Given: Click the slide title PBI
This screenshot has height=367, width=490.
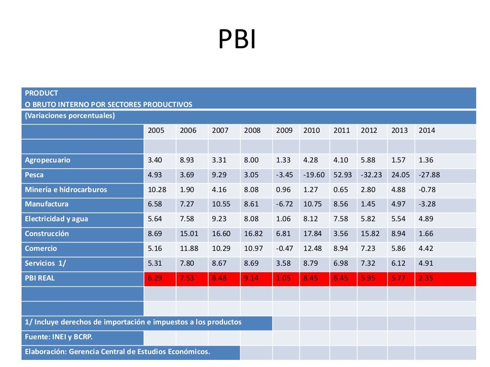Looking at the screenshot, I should point(237,40).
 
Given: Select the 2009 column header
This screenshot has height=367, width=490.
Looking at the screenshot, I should point(284,130).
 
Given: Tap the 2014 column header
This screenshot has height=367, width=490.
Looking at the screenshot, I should point(427,130).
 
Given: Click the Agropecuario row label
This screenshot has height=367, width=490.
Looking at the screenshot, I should point(47,160).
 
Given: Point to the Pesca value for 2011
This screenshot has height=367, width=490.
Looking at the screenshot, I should point(342,175).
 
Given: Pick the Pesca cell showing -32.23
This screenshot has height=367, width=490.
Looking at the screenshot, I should point(371,175).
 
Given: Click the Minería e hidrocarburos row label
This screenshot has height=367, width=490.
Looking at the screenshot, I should point(66,190).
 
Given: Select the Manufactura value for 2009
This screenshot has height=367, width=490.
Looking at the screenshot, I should point(284,205).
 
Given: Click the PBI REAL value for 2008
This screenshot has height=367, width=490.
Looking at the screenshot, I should point(252,278).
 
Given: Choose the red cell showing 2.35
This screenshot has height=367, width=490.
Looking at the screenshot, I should point(426,278).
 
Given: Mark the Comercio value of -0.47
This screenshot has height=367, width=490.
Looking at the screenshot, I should point(284,248).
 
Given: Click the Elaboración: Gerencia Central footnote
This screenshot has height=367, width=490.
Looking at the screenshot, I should point(117,352).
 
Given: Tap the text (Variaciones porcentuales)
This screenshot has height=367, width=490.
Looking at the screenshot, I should point(70,116).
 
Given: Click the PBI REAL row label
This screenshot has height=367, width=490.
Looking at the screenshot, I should point(40,278).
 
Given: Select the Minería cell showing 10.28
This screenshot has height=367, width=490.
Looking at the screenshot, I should point(157,190).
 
